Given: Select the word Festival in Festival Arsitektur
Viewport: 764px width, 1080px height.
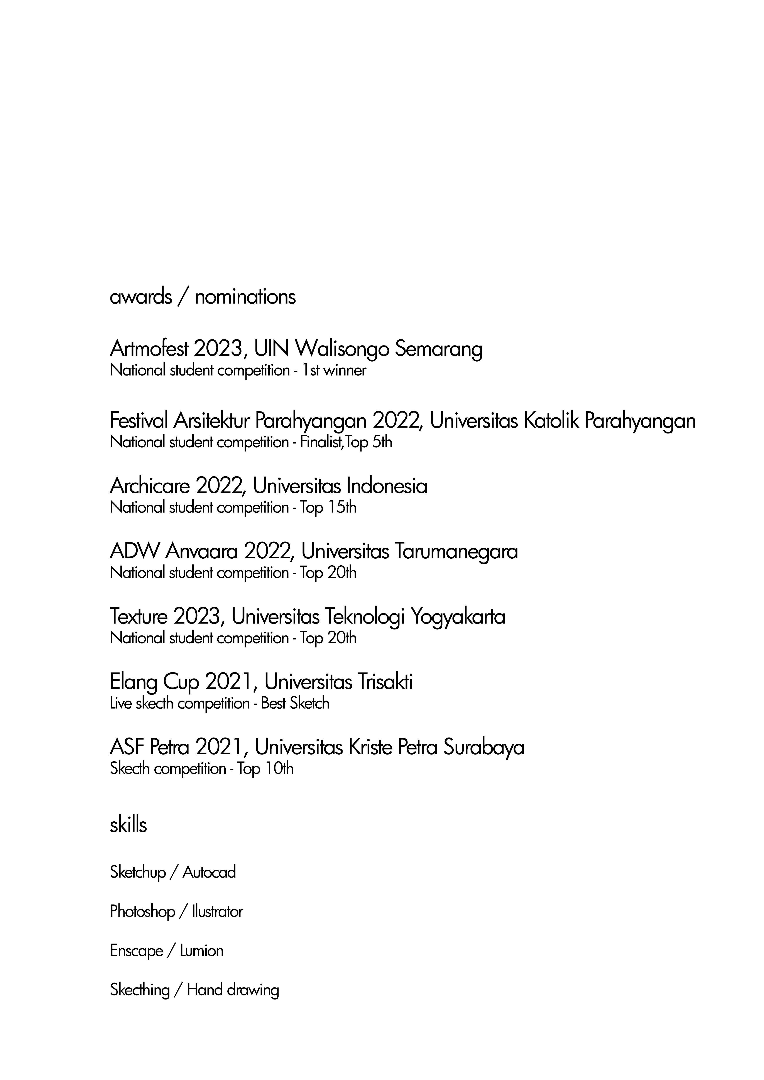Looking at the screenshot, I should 138,421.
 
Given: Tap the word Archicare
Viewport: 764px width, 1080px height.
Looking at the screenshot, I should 150,486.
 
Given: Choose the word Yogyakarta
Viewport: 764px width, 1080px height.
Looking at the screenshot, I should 458,617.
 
